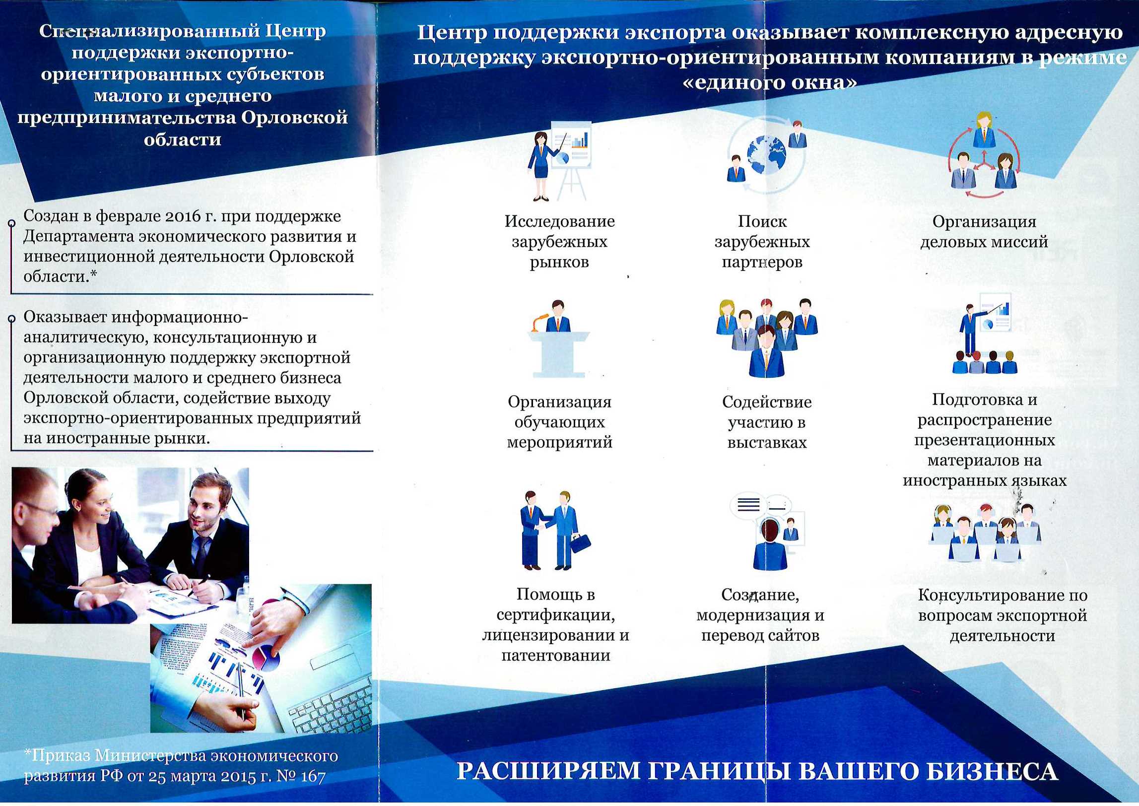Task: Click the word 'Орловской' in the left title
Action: pos(294,118)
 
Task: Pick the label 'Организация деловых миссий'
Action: pos(984,231)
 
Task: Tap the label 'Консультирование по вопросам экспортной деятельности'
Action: pos(1003,615)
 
